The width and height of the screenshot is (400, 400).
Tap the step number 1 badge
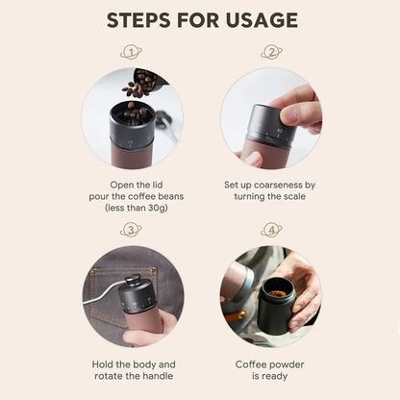(x=130, y=52)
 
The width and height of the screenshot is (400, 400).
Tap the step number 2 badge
(x=270, y=52)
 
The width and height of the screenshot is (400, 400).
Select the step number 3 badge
(x=130, y=230)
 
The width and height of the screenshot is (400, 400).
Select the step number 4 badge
(x=270, y=230)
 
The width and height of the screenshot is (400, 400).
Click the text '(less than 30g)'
(x=130, y=207)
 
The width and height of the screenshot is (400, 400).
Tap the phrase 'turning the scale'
(x=270, y=195)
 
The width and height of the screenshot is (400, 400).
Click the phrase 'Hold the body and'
(x=130, y=364)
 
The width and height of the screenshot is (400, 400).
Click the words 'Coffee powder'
(x=270, y=364)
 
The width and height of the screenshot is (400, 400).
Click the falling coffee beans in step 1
(x=138, y=87)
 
